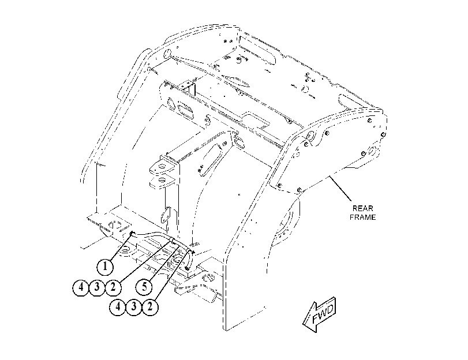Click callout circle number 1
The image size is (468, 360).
point(106,267)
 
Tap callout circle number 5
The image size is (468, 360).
point(144,287)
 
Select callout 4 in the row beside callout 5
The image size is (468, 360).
point(81,287)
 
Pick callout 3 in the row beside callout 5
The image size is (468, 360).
point(97,287)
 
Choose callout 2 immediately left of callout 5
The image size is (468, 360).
point(113,287)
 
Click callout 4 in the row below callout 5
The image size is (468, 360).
point(118,306)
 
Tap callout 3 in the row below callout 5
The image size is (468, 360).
point(134,306)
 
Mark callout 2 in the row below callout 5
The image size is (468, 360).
point(150,306)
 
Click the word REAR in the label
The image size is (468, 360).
point(362,208)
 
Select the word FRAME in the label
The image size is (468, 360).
point(362,217)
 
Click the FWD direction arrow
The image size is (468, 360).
point(319,315)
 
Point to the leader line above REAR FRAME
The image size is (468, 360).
point(340,189)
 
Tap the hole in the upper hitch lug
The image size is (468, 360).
point(162,166)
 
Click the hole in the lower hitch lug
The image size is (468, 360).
point(162,179)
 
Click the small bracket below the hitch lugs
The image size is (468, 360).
point(166,215)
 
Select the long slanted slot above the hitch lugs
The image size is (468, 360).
point(212,159)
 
